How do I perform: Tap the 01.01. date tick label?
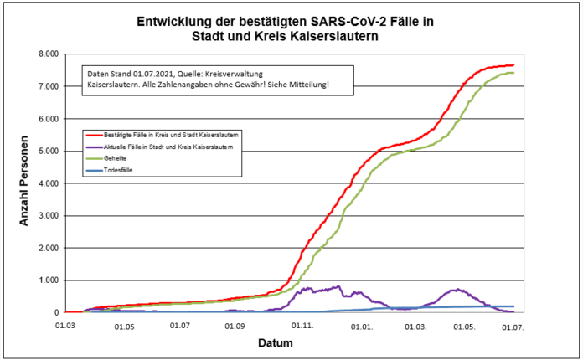click(x=363, y=327)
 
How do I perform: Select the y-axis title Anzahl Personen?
click(x=26, y=183)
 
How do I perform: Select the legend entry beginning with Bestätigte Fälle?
click(x=167, y=134)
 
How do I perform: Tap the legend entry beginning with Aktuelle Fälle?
click(x=165, y=146)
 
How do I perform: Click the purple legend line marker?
click(x=92, y=146)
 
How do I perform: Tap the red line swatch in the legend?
click(x=92, y=134)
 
